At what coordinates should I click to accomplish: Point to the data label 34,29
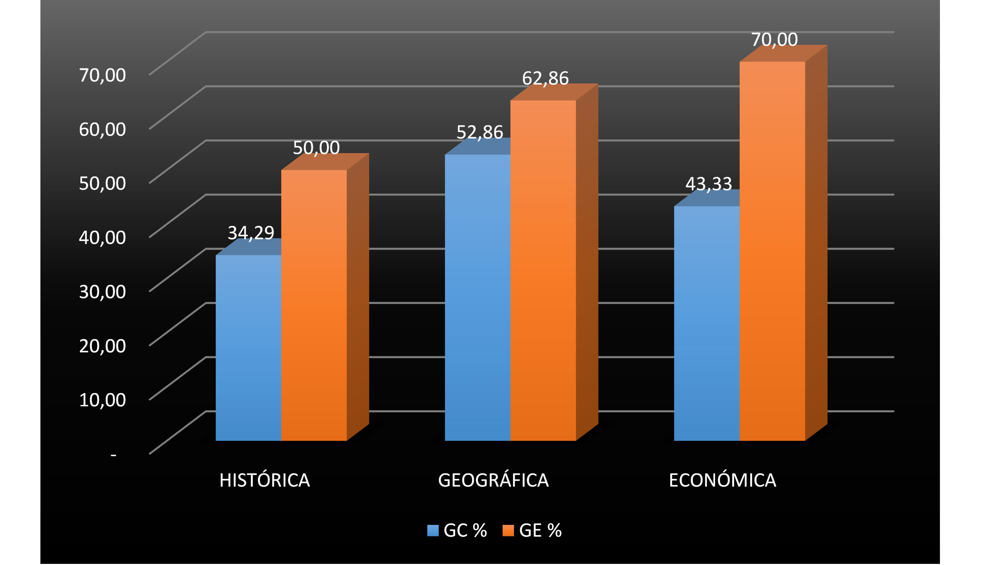[251, 233]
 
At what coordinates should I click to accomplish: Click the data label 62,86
[545, 78]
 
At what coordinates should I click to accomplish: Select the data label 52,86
[479, 132]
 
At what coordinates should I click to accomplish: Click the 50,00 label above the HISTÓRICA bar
[316, 148]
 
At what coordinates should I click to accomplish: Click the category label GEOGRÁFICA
[493, 480]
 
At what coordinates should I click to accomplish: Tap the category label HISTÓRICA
[265, 480]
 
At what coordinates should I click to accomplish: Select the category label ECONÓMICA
[722, 480]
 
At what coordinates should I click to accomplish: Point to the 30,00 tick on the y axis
[102, 292]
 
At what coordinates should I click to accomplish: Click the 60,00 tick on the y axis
[102, 129]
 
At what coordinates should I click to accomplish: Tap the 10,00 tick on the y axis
[102, 400]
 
